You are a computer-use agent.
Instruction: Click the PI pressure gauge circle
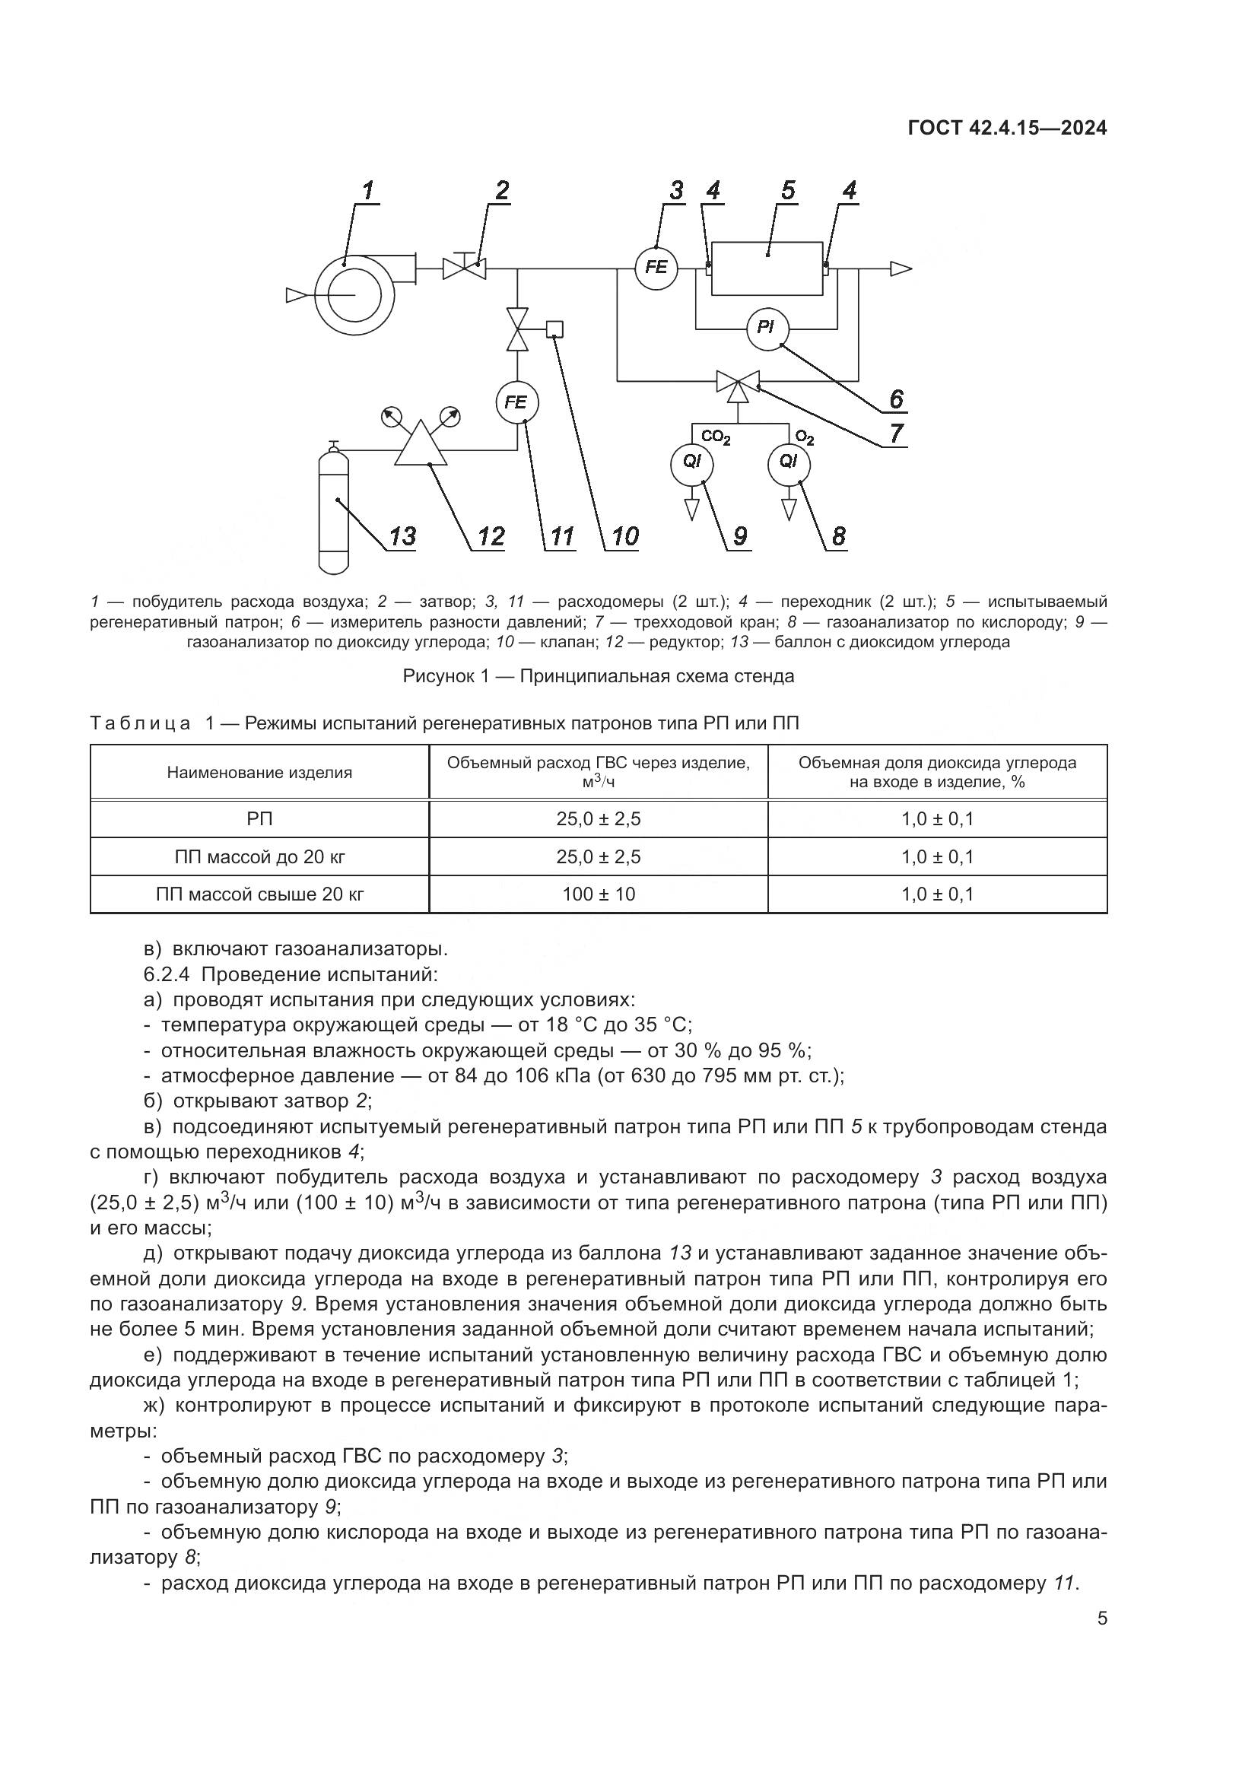(766, 328)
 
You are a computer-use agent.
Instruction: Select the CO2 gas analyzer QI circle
(691, 462)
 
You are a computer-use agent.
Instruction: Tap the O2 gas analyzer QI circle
(789, 462)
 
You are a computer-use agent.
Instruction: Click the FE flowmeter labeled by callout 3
(656, 268)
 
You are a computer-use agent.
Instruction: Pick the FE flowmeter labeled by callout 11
(516, 403)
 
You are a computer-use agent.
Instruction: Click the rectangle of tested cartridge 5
(767, 268)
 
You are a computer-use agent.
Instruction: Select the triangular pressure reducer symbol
(421, 446)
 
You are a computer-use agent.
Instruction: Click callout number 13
(402, 535)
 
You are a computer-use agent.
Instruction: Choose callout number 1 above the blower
(367, 190)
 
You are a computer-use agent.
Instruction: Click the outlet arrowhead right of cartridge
(900, 268)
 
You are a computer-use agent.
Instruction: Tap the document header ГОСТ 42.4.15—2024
(1007, 129)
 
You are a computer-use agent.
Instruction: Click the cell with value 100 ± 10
(598, 895)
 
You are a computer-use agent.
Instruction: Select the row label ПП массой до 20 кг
(259, 857)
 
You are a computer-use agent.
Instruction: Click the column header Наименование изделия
(259, 773)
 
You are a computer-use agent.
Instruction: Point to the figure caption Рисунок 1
(598, 676)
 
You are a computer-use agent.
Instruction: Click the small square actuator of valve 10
(554, 329)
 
